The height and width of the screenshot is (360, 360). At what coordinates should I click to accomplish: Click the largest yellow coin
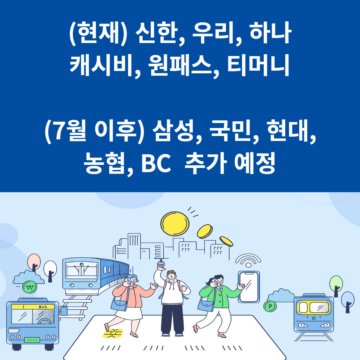coord(175,224)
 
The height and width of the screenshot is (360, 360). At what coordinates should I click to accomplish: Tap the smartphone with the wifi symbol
coord(249,287)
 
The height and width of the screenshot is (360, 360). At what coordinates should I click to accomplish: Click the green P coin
coord(270,306)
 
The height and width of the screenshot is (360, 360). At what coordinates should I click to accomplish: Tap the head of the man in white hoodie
coord(171,276)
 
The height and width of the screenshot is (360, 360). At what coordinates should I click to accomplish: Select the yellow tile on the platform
coord(113,333)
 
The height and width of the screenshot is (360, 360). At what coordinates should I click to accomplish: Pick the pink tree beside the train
coord(34,262)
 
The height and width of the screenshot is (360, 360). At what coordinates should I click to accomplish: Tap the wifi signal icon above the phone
coord(248,260)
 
